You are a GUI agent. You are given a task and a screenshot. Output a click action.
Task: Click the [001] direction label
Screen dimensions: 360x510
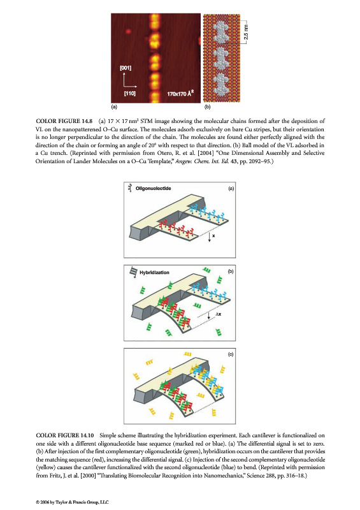point(126,68)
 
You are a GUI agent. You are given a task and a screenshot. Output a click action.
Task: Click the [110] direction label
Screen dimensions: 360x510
point(130,93)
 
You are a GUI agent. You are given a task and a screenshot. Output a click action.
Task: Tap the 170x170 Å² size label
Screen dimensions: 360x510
point(180,93)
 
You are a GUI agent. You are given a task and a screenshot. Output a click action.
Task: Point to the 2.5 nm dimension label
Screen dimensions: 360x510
point(246,32)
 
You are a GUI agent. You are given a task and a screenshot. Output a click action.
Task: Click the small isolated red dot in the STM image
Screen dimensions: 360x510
point(128,31)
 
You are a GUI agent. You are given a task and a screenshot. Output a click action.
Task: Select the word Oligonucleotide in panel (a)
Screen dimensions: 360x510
point(153,188)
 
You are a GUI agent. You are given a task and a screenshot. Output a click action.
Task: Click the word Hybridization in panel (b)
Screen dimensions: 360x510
point(154,272)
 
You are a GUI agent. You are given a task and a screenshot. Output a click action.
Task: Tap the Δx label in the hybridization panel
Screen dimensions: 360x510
point(218,314)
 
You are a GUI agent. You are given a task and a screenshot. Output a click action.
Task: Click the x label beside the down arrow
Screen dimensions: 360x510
point(213,235)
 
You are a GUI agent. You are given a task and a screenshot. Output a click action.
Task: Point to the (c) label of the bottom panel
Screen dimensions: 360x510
point(231,354)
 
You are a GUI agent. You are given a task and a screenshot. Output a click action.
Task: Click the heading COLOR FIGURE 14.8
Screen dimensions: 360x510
point(64,121)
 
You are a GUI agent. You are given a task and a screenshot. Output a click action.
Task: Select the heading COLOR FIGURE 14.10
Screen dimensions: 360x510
point(65,435)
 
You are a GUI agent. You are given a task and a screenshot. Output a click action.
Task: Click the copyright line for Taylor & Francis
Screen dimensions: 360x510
point(72,502)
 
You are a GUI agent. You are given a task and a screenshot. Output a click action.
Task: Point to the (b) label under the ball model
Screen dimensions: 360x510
point(207,106)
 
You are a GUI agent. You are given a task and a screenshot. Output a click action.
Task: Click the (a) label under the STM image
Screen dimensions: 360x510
point(114,106)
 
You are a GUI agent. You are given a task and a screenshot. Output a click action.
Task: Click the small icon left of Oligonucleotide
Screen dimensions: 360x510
point(130,187)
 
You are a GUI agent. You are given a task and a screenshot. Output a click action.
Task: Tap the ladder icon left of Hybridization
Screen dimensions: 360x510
point(133,272)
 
